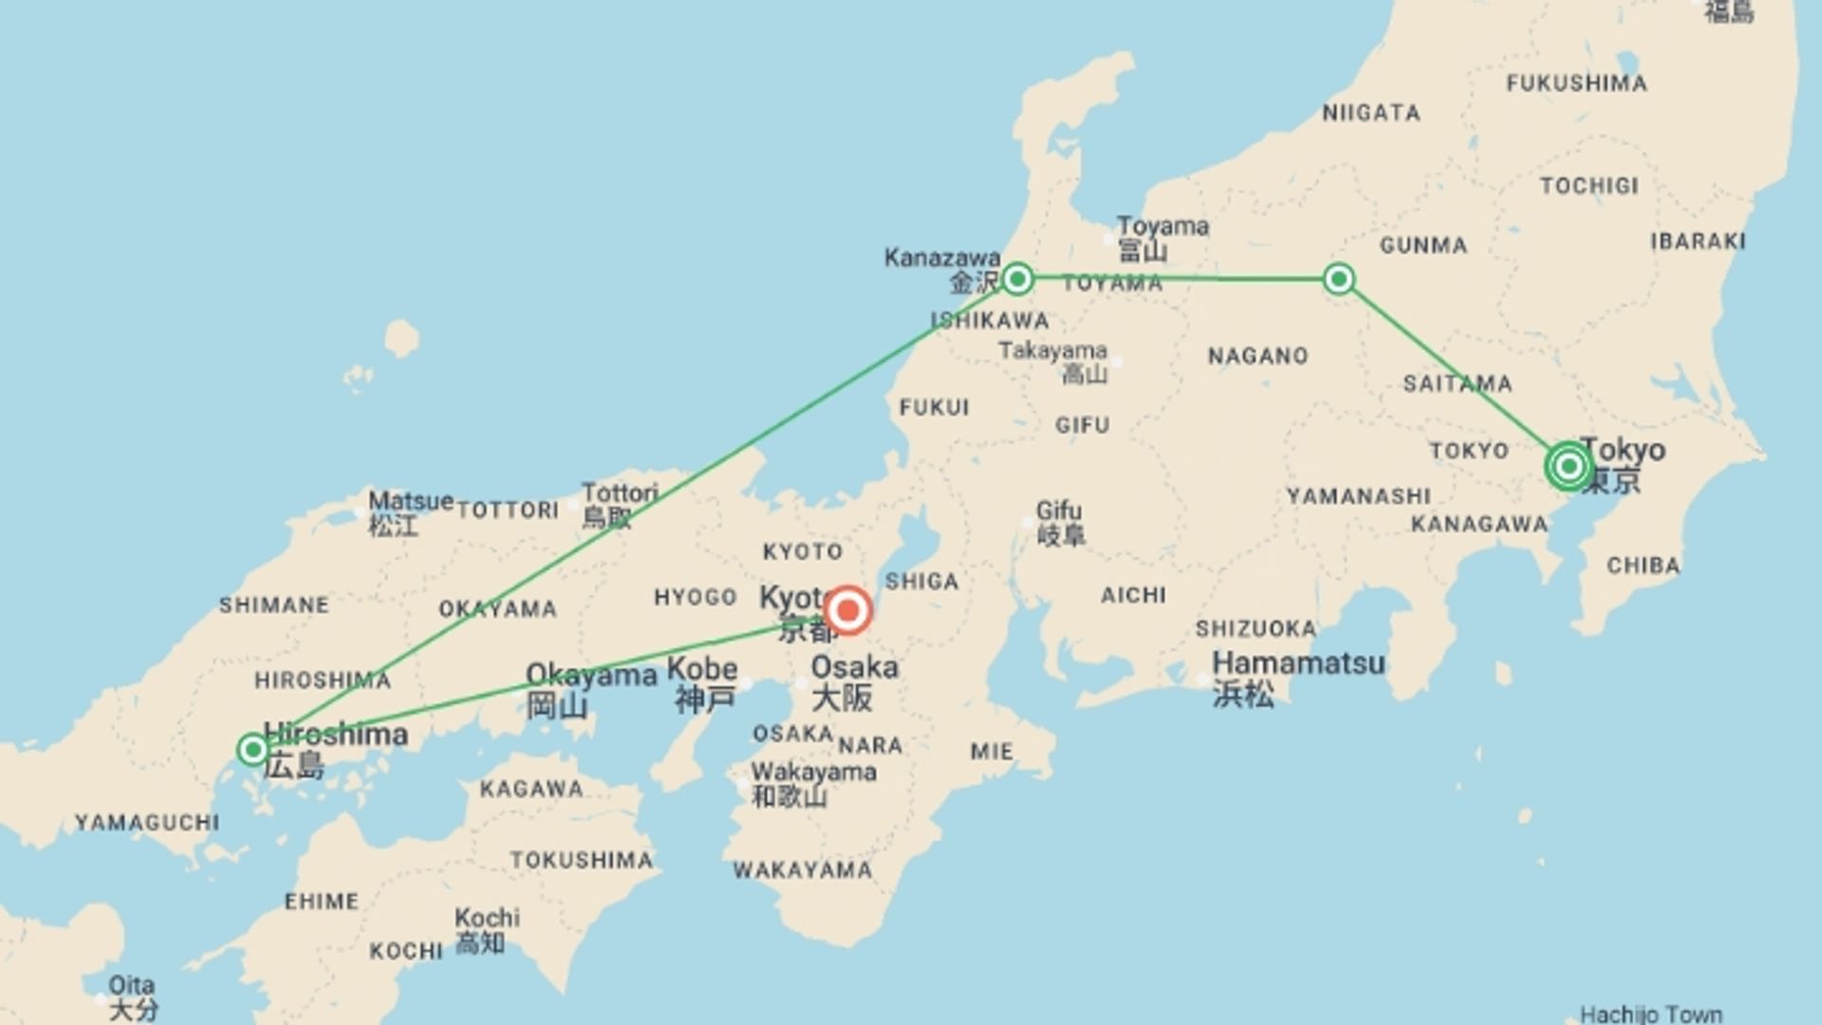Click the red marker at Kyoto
pyautogui.click(x=847, y=611)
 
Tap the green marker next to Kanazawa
pyautogui.click(x=1017, y=278)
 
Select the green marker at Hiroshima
pyautogui.click(x=252, y=750)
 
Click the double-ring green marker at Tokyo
pyautogui.click(x=1569, y=466)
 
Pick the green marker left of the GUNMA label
pyautogui.click(x=1338, y=278)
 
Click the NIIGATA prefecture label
pyautogui.click(x=1371, y=113)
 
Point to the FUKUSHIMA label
pyautogui.click(x=1576, y=84)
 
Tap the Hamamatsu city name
pyautogui.click(x=1298, y=662)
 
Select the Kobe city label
pyautogui.click(x=702, y=668)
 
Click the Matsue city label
pyautogui.click(x=410, y=501)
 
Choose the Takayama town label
pyautogui.click(x=1052, y=351)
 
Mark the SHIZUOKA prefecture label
pyautogui.click(x=1255, y=628)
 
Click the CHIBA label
pyautogui.click(x=1643, y=566)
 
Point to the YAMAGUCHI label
pyautogui.click(x=147, y=822)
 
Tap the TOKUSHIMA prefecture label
pyautogui.click(x=581, y=860)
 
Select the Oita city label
pyautogui.click(x=132, y=985)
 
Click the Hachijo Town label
pyautogui.click(x=1650, y=1014)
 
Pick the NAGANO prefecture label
pyautogui.click(x=1257, y=356)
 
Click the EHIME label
pyautogui.click(x=322, y=901)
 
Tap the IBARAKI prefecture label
pyautogui.click(x=1698, y=241)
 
